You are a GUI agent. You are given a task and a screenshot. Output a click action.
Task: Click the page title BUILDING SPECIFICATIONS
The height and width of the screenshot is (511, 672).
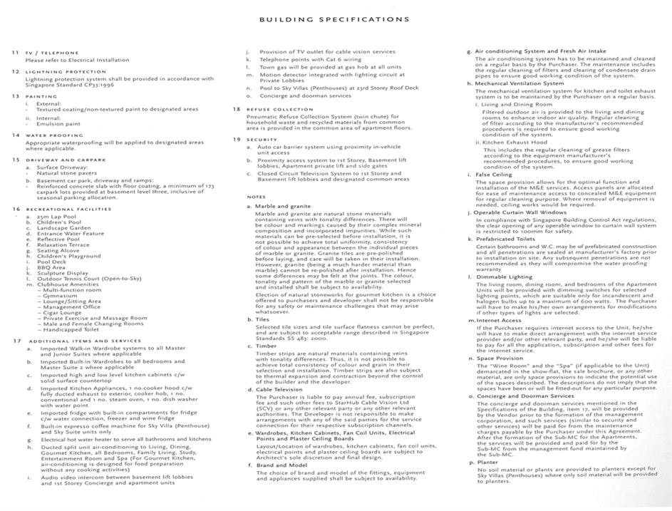[x=334, y=19]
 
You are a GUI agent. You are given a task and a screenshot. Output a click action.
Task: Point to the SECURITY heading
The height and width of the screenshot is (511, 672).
[x=262, y=140]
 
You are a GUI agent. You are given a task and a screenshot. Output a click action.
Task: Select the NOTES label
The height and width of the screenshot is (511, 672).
[x=256, y=197]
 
